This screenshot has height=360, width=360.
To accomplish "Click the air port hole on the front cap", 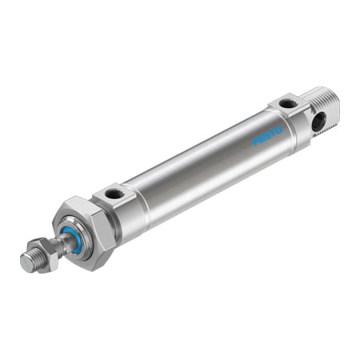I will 115,194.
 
